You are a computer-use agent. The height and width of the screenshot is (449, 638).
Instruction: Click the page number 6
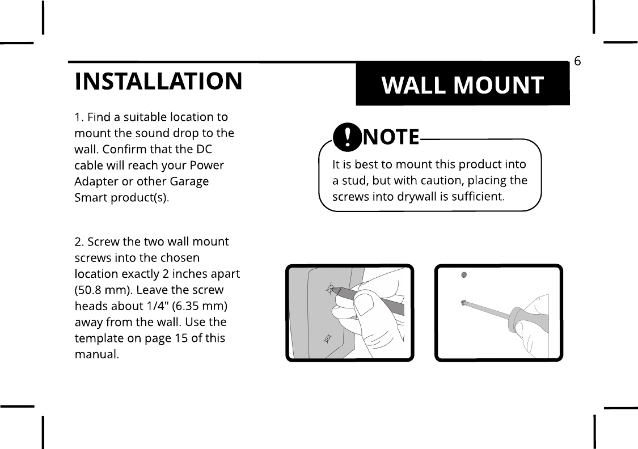pyautogui.click(x=577, y=61)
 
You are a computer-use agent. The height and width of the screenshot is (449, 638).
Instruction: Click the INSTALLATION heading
pyautogui.click(x=158, y=81)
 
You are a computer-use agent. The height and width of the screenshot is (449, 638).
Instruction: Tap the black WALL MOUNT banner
pyautogui.click(x=462, y=85)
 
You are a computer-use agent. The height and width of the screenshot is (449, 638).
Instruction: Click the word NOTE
pyautogui.click(x=391, y=137)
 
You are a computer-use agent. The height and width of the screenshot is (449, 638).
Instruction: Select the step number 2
pyautogui.click(x=78, y=242)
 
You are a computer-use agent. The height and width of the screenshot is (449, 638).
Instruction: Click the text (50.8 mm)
pyautogui.click(x=96, y=290)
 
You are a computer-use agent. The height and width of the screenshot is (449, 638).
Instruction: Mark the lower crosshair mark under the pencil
pyautogui.click(x=327, y=338)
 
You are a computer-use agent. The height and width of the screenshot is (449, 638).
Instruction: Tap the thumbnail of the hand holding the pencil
pyautogui.click(x=364, y=306)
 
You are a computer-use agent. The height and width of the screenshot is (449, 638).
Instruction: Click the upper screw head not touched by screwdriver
pyautogui.click(x=464, y=276)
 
